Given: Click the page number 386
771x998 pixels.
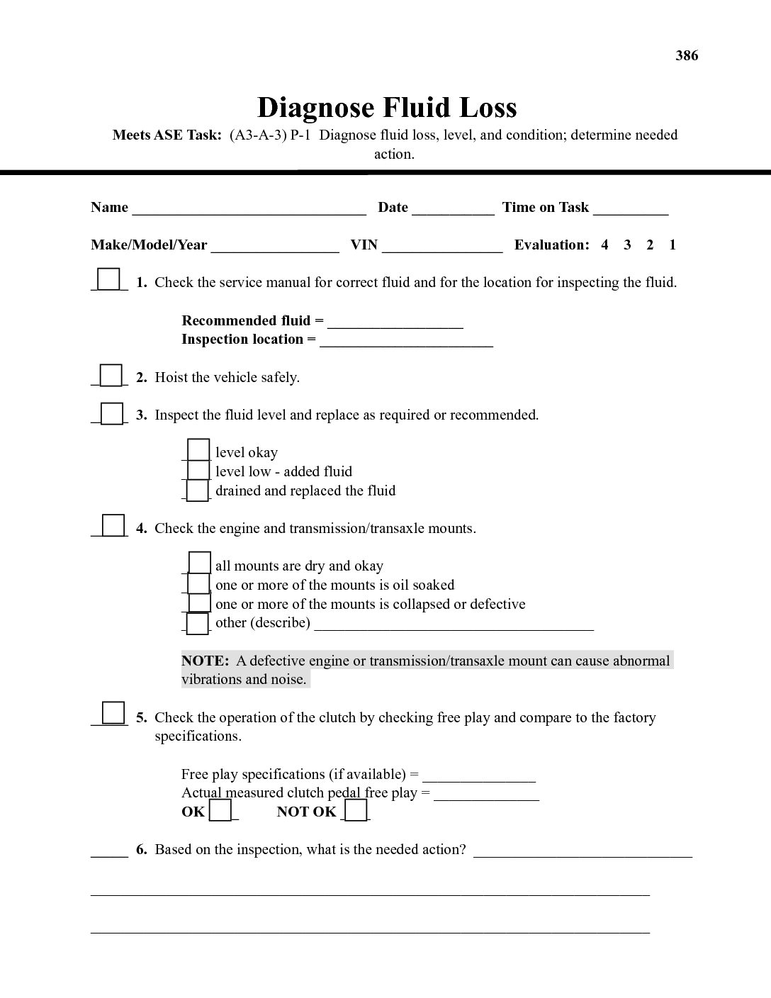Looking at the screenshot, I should coord(687,55).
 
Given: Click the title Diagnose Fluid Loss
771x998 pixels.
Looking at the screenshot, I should coord(386,108).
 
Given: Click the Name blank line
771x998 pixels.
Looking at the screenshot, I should coord(249,208).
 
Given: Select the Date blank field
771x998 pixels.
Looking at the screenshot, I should coord(453,208).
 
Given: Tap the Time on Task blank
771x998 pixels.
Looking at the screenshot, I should coord(631,208).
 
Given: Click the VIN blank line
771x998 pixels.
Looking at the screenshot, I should coord(442,246).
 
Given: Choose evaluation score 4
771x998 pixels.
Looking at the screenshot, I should coord(604,245).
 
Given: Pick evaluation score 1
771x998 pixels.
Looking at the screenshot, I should coord(672,245).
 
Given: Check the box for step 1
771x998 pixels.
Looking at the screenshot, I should coord(108,279).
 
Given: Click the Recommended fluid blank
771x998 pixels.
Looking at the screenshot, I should coord(395,323).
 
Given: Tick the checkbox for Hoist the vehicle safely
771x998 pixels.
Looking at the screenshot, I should coord(111,374).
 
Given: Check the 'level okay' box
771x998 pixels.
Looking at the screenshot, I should coord(198,450).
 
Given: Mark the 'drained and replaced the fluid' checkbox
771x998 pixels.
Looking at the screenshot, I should coord(198,490).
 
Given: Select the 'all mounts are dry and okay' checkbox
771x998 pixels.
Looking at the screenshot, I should coord(200,563).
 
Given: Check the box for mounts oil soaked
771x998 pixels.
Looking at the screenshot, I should coord(199,583).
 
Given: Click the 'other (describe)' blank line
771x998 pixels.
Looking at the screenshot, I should coord(454,624).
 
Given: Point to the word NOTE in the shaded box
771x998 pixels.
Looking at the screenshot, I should coord(205,661).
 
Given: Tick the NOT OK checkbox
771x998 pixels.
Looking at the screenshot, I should coord(356,809).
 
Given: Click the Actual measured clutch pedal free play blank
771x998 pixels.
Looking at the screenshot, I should coord(486,795).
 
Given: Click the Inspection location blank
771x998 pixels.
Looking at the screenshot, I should coord(406,341).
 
